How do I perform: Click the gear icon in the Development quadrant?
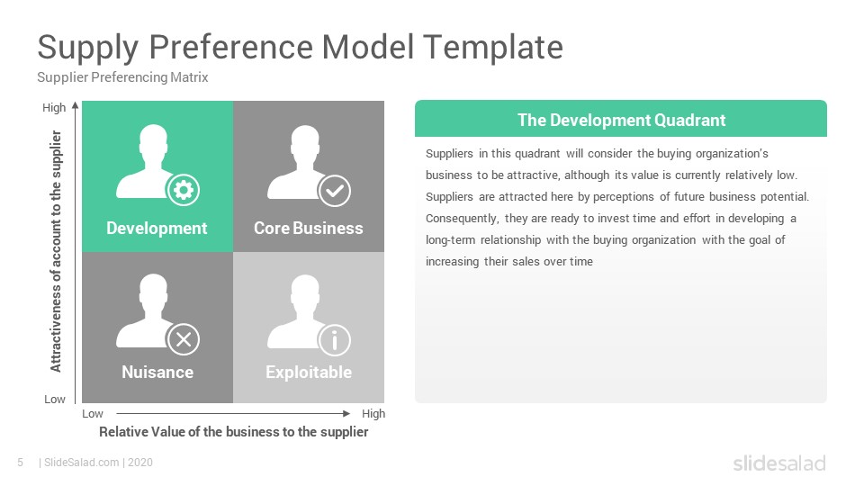[x=184, y=190]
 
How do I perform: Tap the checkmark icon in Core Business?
[x=334, y=191]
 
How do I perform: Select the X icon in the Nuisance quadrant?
[x=184, y=339]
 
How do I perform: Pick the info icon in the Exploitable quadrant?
[x=334, y=340]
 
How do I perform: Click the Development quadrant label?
[x=157, y=228]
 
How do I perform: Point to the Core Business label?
[x=309, y=228]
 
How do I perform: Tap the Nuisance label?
[x=157, y=372]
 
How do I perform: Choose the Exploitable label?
[x=309, y=373]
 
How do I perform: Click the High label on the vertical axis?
[x=54, y=107]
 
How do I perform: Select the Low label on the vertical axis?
[x=55, y=399]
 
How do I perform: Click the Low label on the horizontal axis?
[x=93, y=413]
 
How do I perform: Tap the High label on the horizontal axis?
[x=373, y=413]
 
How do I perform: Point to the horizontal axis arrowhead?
[x=346, y=413]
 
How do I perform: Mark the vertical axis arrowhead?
[x=76, y=105]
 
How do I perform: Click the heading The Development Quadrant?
[x=622, y=120]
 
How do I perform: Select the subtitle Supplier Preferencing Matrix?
[x=122, y=77]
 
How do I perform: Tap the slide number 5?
[x=21, y=463]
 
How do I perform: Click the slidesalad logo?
[x=779, y=463]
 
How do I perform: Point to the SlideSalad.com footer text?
[x=82, y=463]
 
